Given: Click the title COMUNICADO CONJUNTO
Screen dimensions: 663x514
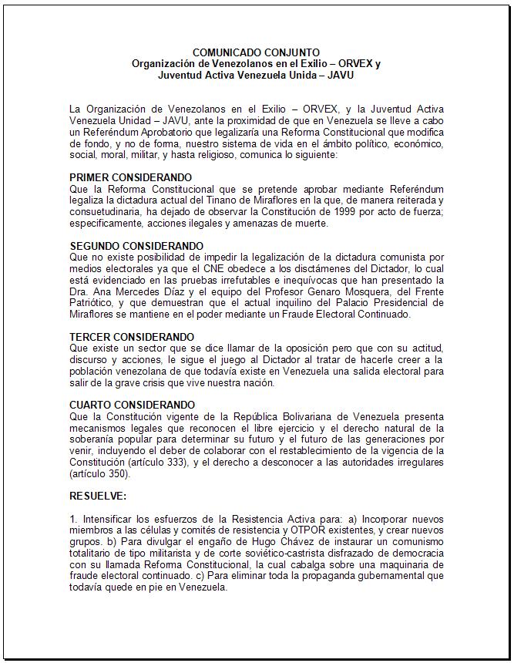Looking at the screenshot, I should point(256,52).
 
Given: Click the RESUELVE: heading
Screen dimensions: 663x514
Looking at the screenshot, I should point(98,496).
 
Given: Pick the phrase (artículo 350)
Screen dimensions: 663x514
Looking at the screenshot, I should point(99,474).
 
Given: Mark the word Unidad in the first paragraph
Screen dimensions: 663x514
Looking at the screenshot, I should point(127,120).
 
